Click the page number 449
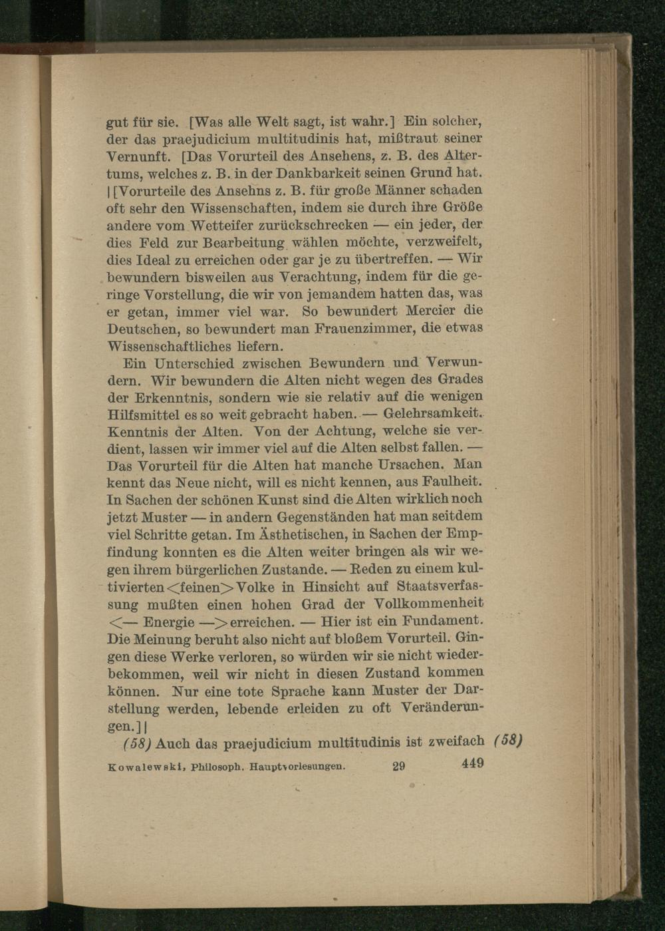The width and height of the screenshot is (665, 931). tap(472, 763)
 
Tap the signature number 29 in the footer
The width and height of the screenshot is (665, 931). tap(398, 765)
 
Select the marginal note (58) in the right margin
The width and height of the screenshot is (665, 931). tap(509, 741)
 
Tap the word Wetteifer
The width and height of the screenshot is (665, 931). tap(209, 224)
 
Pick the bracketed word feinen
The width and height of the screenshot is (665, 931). tap(199, 588)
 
